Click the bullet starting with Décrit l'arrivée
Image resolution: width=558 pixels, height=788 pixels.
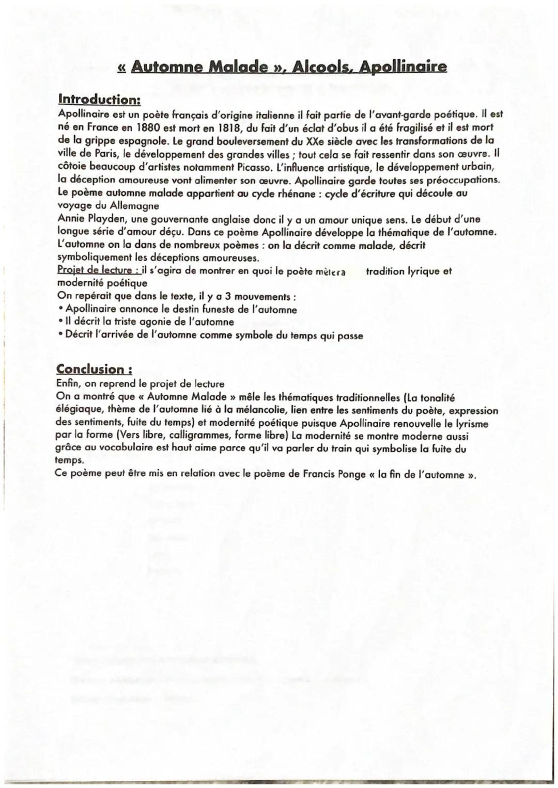coord(61,336)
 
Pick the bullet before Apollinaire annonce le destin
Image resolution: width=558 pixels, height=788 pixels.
coord(61,310)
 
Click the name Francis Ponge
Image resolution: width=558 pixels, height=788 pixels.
coord(331,475)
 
